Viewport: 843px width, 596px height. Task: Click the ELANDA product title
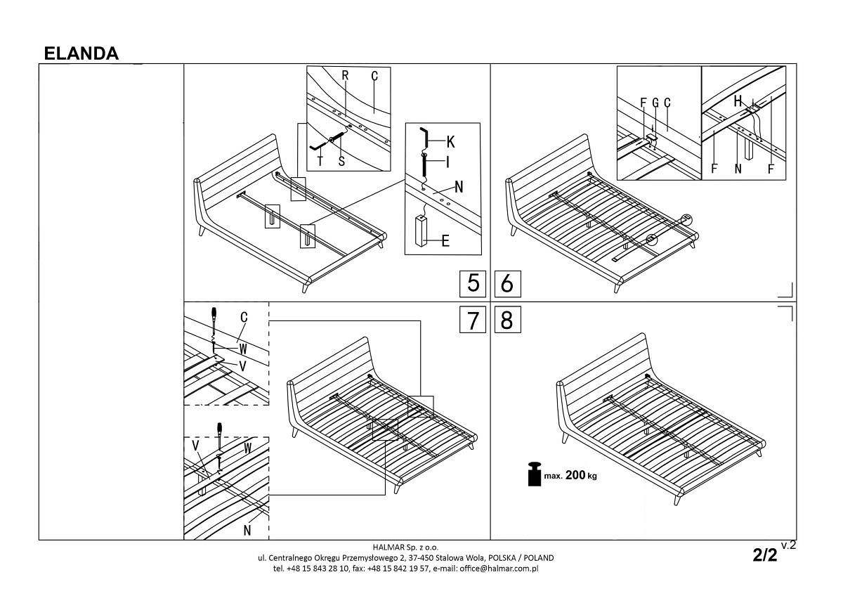(81, 53)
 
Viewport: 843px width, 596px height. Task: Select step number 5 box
(473, 283)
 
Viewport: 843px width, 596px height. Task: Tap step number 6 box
(507, 283)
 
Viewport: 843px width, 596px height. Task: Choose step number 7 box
(473, 319)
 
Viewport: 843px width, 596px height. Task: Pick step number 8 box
(507, 319)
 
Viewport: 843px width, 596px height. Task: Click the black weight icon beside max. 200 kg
(535, 474)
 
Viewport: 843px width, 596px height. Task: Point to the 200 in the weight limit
(575, 475)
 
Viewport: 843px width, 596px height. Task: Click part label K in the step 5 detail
(450, 142)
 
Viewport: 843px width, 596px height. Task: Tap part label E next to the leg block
(445, 240)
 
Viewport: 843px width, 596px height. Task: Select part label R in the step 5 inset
(345, 75)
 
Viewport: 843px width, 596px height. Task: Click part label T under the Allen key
(320, 161)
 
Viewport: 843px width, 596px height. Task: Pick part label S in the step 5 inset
(341, 161)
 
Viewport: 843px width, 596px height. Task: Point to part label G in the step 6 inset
(655, 103)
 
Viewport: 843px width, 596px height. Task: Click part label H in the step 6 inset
(738, 101)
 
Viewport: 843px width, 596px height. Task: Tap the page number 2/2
(765, 555)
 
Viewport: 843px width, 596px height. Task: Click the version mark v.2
(788, 545)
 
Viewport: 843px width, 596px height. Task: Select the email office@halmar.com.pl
(499, 569)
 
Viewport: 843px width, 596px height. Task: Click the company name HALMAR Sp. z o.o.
(406, 547)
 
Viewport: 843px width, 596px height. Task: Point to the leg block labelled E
(421, 231)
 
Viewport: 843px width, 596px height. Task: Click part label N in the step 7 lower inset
(247, 530)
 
